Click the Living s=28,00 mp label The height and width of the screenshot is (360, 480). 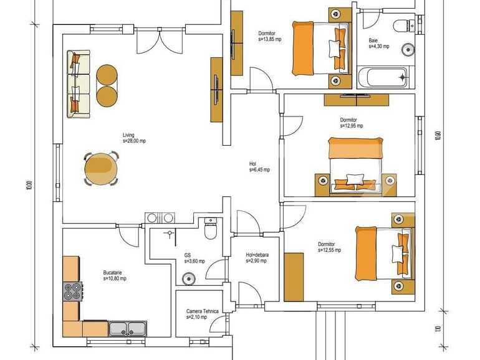[133, 138]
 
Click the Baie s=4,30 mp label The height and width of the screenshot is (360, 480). [378, 44]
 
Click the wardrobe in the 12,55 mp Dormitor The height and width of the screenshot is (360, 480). [292, 277]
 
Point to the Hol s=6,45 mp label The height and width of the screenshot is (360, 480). [259, 167]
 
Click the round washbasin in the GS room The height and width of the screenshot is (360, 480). [188, 278]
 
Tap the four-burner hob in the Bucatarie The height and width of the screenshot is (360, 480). [72, 291]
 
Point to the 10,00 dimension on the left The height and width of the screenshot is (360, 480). [29, 186]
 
